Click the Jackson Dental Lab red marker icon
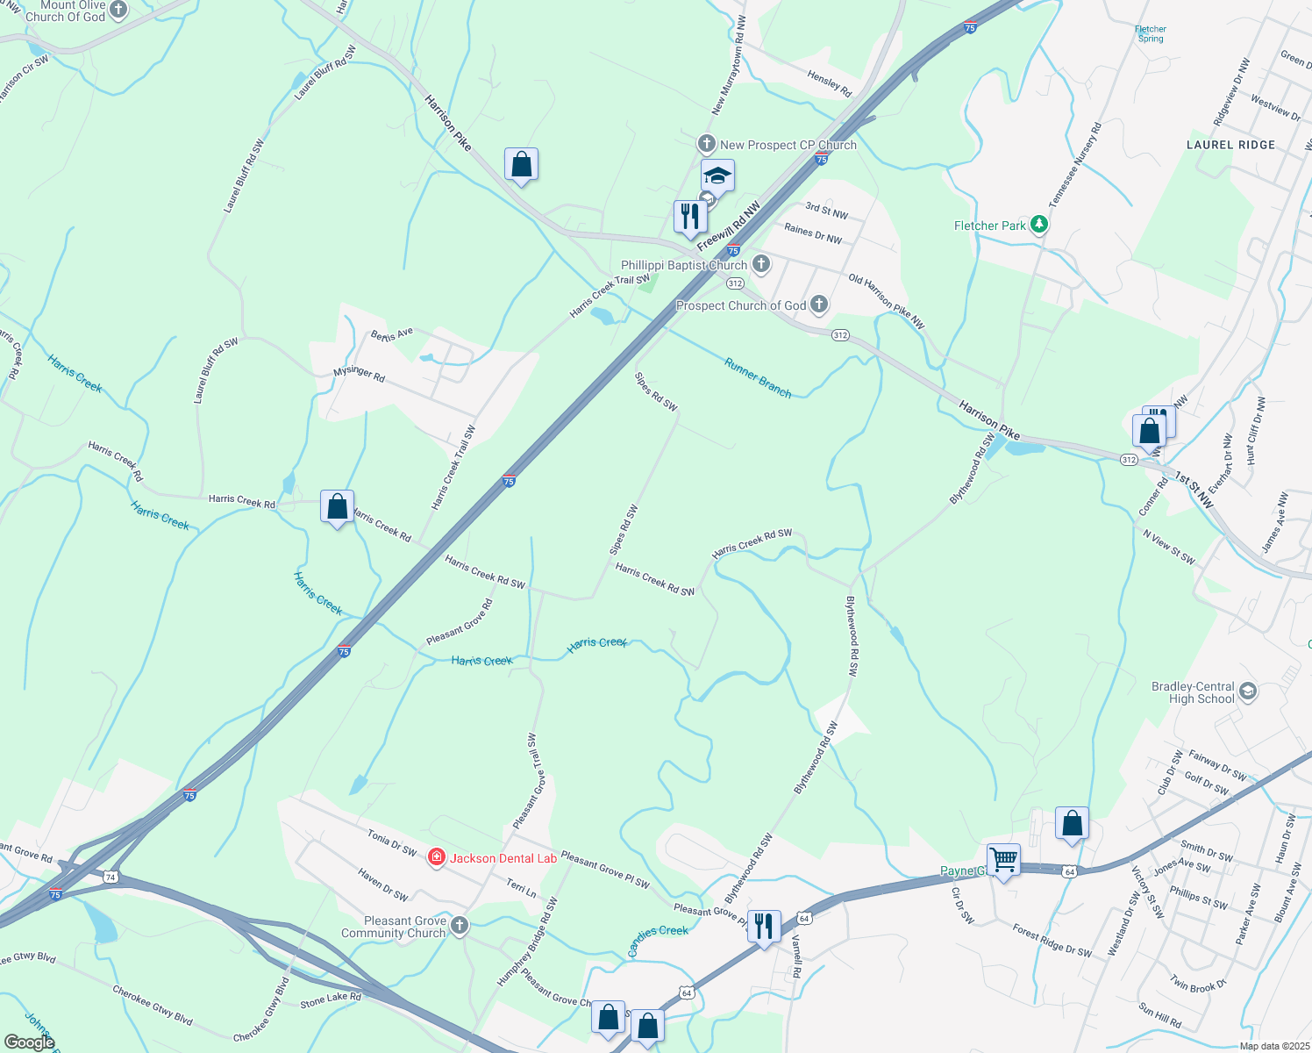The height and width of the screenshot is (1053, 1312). click(436, 857)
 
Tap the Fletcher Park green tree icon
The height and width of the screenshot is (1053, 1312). click(1039, 225)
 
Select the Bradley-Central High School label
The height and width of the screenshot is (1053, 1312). click(1193, 692)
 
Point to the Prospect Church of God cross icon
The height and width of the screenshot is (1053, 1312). click(818, 304)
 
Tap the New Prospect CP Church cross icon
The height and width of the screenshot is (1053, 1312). click(707, 143)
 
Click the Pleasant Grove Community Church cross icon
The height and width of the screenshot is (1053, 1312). click(460, 925)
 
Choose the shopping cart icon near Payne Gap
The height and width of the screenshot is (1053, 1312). click(1003, 859)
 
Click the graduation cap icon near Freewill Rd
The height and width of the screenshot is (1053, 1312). click(717, 175)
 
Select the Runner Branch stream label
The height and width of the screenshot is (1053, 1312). click(758, 377)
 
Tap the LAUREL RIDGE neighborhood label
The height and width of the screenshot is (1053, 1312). click(1230, 145)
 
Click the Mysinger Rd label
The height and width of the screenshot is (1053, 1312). click(359, 375)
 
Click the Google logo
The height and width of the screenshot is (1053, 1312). click(29, 1042)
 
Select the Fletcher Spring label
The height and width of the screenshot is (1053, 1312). click(1151, 34)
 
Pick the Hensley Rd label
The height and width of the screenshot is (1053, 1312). click(829, 84)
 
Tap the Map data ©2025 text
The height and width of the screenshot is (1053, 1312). click(1273, 1046)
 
